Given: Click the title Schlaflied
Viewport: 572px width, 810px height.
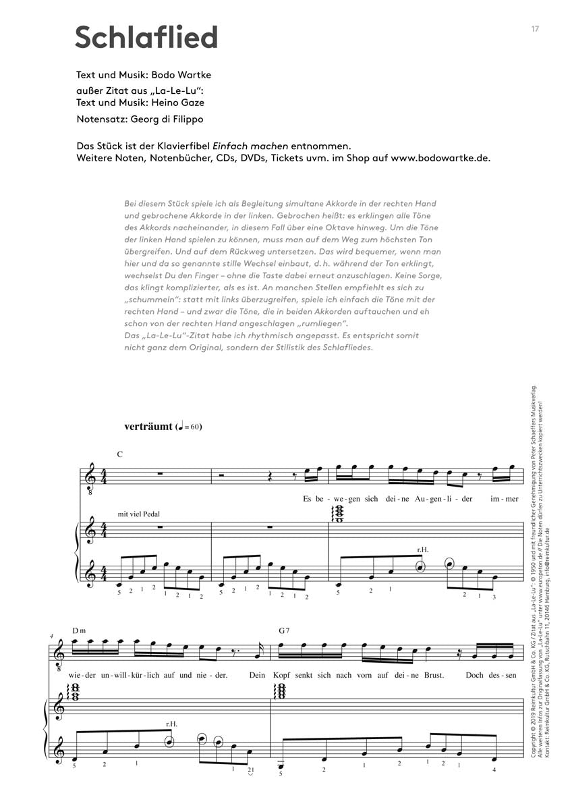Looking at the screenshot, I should [146, 37].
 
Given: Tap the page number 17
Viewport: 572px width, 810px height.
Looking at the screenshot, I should [535, 28].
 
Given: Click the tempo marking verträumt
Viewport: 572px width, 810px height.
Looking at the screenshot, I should [148, 427].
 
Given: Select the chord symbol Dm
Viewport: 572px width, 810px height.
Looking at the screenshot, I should [79, 630].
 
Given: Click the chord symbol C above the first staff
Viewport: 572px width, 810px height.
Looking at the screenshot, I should [119, 454].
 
